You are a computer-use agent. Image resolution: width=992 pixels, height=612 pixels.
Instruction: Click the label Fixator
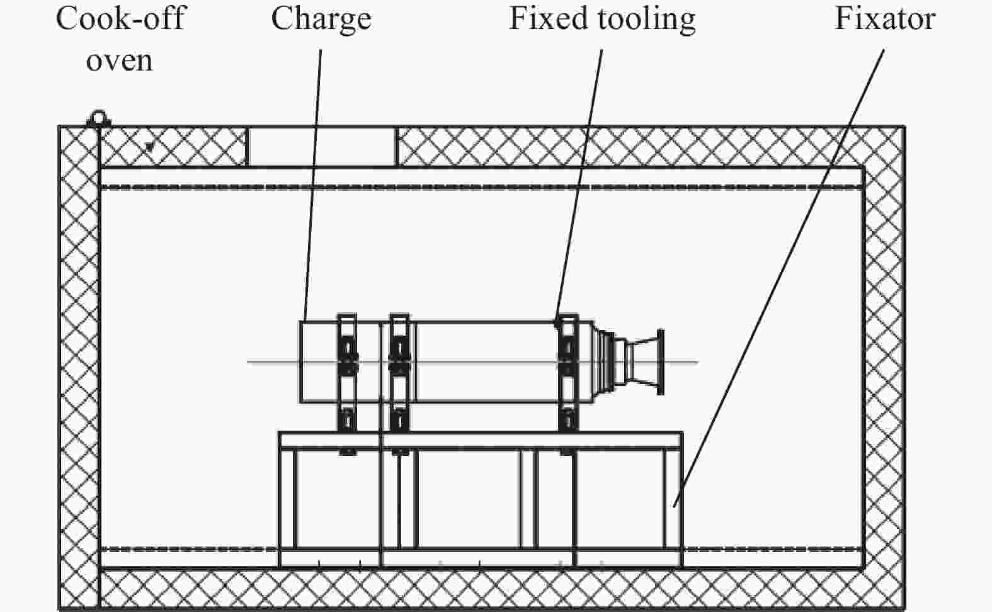pyautogui.click(x=885, y=19)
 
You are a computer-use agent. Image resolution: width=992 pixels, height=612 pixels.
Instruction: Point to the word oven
pyautogui.click(x=119, y=61)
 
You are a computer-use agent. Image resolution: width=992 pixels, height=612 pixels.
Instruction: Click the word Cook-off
pyautogui.click(x=120, y=19)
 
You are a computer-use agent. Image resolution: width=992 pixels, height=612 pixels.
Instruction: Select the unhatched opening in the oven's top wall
pyautogui.click(x=322, y=147)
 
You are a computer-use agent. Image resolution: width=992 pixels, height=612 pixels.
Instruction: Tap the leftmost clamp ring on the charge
pyautogui.click(x=347, y=373)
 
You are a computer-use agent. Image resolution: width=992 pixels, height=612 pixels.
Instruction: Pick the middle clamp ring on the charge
pyautogui.click(x=399, y=373)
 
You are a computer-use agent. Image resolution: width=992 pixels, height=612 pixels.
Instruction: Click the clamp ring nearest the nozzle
pyautogui.click(x=568, y=373)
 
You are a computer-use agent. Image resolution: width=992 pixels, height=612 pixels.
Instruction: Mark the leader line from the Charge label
pyautogui.click(x=312, y=185)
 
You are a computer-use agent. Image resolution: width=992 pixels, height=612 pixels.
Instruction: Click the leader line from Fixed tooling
pyautogui.click(x=579, y=186)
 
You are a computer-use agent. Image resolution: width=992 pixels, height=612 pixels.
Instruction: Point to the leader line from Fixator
pyautogui.click(x=778, y=278)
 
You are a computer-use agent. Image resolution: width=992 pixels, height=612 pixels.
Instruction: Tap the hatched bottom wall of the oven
pyautogui.click(x=482, y=589)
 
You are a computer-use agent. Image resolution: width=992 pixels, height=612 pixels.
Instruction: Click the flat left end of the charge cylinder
pyautogui.click(x=301, y=362)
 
